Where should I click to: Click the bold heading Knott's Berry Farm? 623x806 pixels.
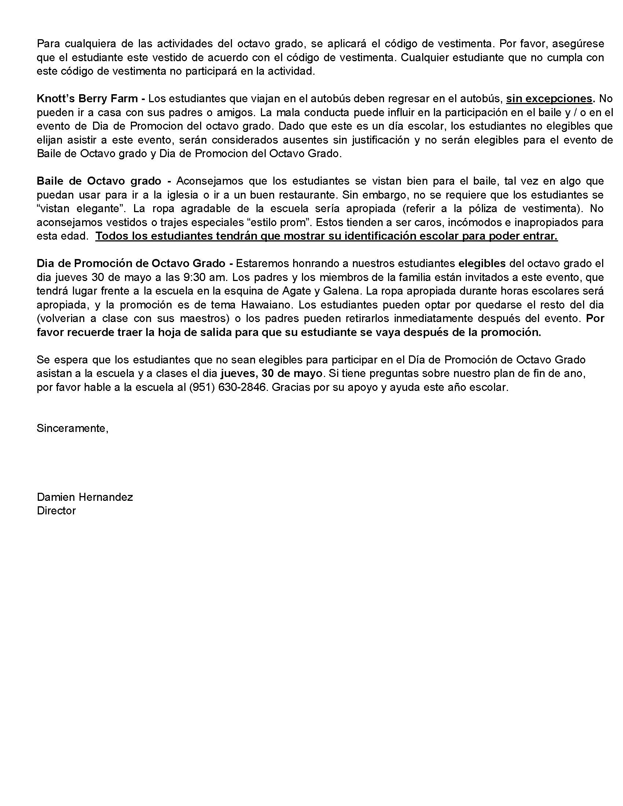tap(87, 99)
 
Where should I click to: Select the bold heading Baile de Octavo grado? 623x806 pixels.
tap(99, 181)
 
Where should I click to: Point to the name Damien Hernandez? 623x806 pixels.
tap(85, 497)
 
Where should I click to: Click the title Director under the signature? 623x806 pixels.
tap(56, 511)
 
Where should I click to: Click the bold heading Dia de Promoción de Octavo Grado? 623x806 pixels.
tap(131, 263)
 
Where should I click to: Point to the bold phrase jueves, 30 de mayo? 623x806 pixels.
tap(271, 373)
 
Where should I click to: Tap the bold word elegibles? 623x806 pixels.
tap(481, 263)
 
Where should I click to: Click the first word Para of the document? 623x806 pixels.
tap(48, 44)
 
